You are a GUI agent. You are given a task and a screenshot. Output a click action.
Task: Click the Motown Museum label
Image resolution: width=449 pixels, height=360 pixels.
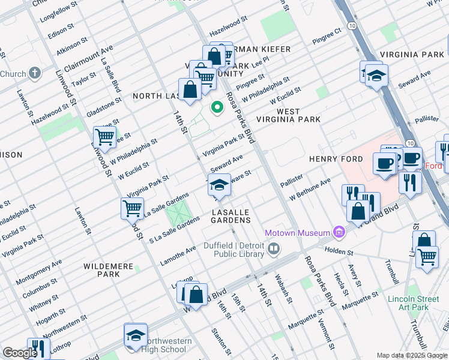point(298,233)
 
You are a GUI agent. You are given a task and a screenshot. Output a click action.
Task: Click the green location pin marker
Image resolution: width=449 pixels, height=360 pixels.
point(217,107)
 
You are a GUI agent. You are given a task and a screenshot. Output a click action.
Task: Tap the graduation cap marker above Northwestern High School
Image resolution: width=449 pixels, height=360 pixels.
point(136,335)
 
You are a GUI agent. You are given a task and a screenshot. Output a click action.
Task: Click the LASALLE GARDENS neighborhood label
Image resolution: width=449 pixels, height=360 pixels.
point(231,216)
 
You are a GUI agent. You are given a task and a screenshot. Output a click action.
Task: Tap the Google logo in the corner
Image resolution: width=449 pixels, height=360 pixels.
point(20,353)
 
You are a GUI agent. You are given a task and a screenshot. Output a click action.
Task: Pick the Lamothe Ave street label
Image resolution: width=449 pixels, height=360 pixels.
point(178,256)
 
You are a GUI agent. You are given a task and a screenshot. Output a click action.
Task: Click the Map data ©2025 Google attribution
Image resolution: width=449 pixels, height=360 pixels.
point(412,355)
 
